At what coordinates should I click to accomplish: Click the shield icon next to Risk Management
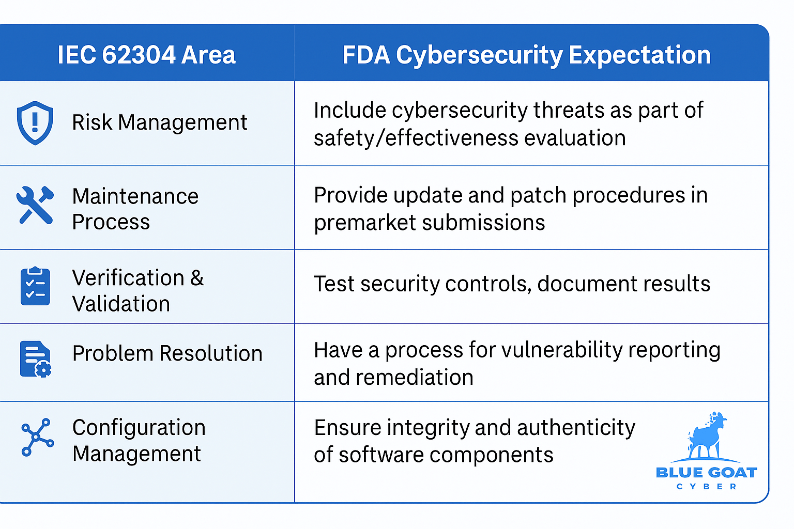pos(35,123)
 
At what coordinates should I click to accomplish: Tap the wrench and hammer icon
pos(35,205)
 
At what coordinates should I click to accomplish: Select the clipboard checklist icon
pos(35,286)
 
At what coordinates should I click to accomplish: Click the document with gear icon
pos(35,359)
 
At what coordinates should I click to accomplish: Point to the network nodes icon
pos(37,437)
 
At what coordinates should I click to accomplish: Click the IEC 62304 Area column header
pos(146,55)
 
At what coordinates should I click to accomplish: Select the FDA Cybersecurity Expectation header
pos(526,55)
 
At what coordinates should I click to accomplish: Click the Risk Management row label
pos(159,123)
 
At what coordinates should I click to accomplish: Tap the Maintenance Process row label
pos(135,209)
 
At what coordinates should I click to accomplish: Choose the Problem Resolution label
pos(167,354)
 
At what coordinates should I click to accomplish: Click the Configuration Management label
pos(139,440)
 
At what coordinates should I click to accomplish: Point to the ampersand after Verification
pos(197,278)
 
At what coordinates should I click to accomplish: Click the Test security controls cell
pos(511,284)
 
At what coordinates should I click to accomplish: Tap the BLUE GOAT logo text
pos(706,473)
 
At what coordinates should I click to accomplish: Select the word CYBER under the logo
pos(706,487)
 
